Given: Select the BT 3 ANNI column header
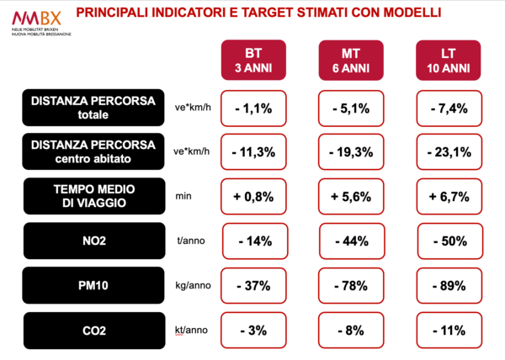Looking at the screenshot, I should [253, 59].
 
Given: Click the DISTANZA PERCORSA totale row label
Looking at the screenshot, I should [93, 108].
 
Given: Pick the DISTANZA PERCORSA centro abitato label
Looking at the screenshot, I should [93, 152].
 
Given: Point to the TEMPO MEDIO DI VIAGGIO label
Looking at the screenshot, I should [93, 197].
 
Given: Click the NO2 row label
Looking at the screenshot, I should [93, 241].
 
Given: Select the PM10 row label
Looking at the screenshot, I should [93, 286].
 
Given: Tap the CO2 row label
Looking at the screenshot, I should [93, 331].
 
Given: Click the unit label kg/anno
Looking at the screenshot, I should [193, 285].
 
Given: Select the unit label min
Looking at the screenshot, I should [183, 196].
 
